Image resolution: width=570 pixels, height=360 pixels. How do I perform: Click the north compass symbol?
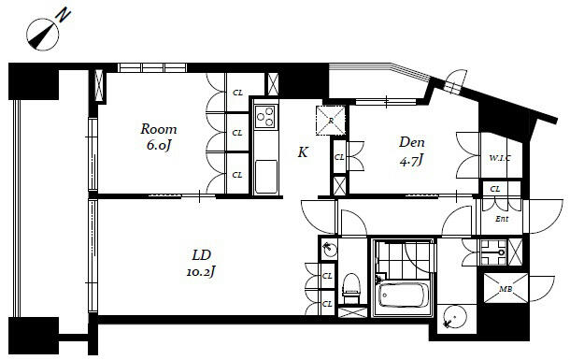click(42, 35)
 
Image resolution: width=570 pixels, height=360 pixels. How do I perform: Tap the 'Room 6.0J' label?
click(159, 137)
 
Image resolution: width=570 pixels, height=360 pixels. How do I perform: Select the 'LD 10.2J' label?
click(201, 263)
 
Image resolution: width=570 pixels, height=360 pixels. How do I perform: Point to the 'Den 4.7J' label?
click(412, 151)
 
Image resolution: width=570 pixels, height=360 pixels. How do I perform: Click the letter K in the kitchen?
click(303, 152)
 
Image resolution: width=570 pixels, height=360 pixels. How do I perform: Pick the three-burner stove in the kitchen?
click(265, 116)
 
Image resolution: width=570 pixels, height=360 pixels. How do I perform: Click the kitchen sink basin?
click(266, 177)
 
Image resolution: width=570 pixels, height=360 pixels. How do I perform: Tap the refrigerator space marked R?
click(331, 120)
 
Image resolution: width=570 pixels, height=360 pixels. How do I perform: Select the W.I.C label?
click(500, 158)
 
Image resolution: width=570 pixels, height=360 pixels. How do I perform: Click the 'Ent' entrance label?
click(502, 219)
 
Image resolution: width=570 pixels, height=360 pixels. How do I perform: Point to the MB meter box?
click(506, 288)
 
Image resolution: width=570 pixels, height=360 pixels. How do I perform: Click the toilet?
click(351, 288)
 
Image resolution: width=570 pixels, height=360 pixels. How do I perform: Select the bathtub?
click(402, 295)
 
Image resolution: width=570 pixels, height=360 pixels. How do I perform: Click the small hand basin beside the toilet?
click(330, 249)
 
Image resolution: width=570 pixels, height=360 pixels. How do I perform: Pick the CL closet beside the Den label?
click(339, 157)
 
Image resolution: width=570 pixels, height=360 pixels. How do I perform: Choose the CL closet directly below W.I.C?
click(495, 189)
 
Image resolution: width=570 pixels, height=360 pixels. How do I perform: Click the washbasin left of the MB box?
click(493, 252)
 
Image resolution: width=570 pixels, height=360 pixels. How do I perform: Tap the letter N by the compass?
click(64, 16)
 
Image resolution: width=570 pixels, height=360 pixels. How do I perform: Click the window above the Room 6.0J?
click(152, 68)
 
